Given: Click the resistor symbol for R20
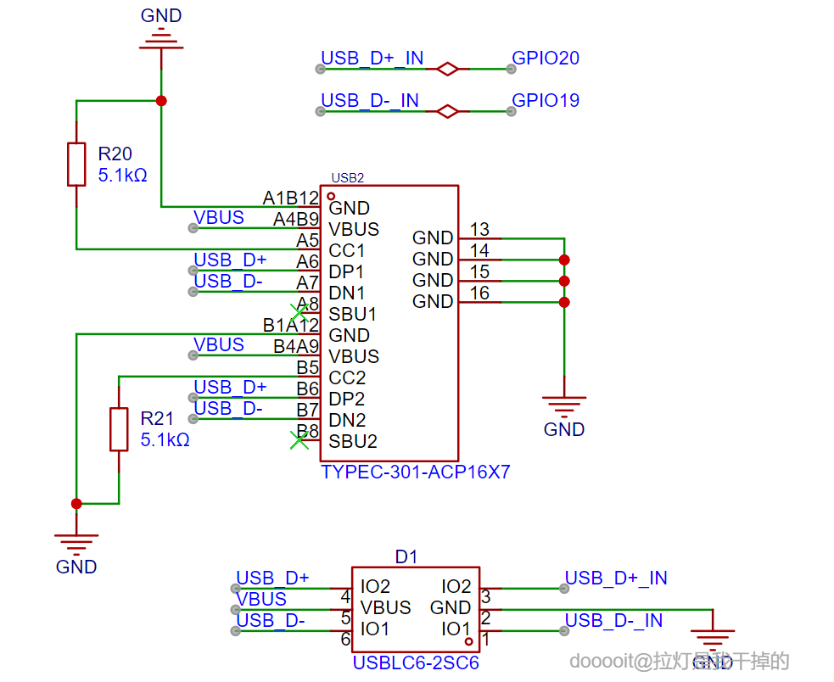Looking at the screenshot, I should pyautogui.click(x=76, y=164).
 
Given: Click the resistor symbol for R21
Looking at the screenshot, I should pyautogui.click(x=119, y=429).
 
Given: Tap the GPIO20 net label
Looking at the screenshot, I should pyautogui.click(x=546, y=59).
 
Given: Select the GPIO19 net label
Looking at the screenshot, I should pyautogui.click(x=546, y=101).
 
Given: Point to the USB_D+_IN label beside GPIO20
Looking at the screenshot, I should pyautogui.click(x=372, y=59).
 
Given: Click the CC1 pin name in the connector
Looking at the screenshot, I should pyautogui.click(x=347, y=251).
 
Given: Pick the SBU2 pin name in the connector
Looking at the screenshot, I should pyautogui.click(x=353, y=442).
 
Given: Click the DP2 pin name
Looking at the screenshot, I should pyautogui.click(x=347, y=400).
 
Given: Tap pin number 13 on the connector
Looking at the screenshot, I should pyautogui.click(x=479, y=229).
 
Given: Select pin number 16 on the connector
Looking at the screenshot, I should pyautogui.click(x=479, y=293).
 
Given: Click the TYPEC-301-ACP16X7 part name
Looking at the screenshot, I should pyautogui.click(x=416, y=472).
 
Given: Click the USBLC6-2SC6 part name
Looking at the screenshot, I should pyautogui.click(x=416, y=662).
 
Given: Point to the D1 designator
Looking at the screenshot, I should pyautogui.click(x=406, y=557).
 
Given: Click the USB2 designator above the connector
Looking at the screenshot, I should pyautogui.click(x=347, y=178).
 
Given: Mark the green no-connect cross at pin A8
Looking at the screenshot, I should pyautogui.click(x=299, y=311).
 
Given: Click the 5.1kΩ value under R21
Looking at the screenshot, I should pyautogui.click(x=165, y=441).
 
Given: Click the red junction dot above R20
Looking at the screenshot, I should pyautogui.click(x=161, y=101).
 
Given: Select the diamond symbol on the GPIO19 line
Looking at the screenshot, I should pyautogui.click(x=447, y=111).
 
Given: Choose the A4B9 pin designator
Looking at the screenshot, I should pyautogui.click(x=296, y=220).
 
